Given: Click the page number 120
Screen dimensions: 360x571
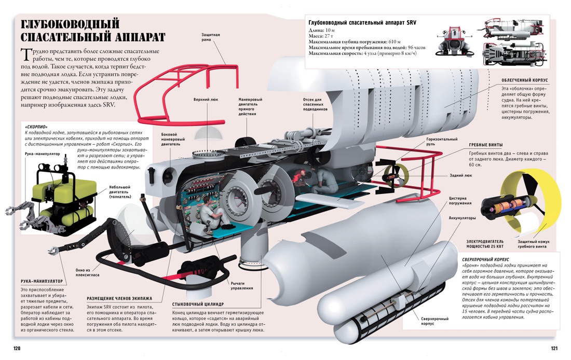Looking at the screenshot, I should pyautogui.click(x=17, y=348).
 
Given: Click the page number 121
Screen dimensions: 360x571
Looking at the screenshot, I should pyautogui.click(x=553, y=348).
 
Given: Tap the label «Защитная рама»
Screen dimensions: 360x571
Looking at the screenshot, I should pyautogui.click(x=211, y=38).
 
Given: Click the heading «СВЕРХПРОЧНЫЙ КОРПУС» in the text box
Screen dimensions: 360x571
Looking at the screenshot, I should pyautogui.click(x=485, y=259).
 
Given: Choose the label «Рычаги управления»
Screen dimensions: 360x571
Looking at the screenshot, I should pyautogui.click(x=242, y=286).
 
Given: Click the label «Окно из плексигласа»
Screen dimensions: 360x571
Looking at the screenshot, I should pyautogui.click(x=87, y=272).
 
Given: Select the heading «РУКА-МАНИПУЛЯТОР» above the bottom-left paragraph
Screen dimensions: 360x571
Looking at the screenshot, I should pyautogui.click(x=42, y=281).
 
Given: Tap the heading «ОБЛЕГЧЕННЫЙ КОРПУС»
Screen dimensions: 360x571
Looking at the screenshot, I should pyautogui.click(x=524, y=80).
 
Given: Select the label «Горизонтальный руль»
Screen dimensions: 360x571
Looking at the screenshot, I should pyautogui.click(x=442, y=142).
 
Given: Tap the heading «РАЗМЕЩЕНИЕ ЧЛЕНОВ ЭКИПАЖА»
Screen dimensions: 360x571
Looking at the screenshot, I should pyautogui.click(x=119, y=298).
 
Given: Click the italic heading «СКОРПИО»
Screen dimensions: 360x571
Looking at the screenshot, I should pyautogui.click(x=36, y=127).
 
